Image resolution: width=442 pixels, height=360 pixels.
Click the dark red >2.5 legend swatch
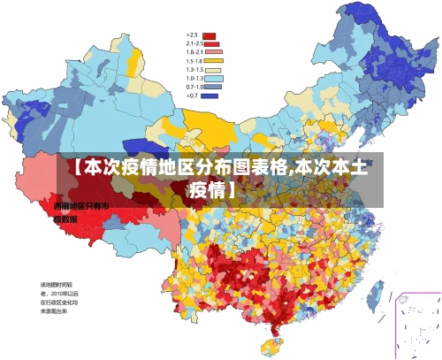[210, 36]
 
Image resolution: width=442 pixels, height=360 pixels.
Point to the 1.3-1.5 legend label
[194, 70]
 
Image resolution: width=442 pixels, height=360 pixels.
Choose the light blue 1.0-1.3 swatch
[210, 79]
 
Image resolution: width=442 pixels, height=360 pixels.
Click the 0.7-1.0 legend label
[194, 87]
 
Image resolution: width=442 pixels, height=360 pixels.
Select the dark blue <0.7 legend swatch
[210, 96]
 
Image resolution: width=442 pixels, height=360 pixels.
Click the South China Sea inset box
[416, 324]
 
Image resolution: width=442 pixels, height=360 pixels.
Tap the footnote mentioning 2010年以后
[59, 293]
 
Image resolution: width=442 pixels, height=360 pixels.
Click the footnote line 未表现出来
[55, 311]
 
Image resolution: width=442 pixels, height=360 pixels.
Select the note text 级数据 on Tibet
[66, 218]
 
